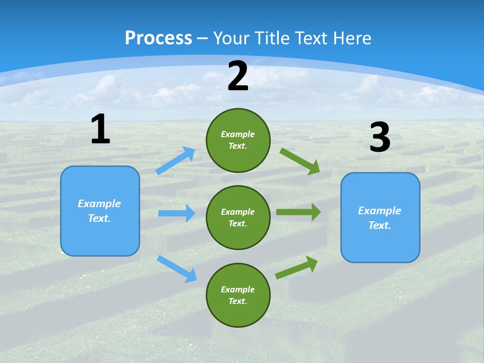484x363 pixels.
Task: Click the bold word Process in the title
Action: point(158,38)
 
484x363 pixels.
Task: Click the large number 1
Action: point(100,130)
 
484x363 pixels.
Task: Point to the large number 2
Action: point(238,76)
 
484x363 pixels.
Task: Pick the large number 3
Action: point(380,138)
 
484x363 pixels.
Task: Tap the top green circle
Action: point(238,140)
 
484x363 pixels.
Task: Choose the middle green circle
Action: point(238,217)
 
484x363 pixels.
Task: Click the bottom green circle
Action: point(238,295)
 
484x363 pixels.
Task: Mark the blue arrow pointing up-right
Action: point(176,160)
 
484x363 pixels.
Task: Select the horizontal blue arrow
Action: point(176,213)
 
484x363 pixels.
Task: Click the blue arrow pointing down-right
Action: point(177,268)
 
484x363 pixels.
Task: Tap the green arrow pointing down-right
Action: point(300,161)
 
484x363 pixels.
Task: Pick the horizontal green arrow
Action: point(298,212)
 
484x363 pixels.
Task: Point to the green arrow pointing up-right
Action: point(297,267)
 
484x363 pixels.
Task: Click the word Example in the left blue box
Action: point(99,204)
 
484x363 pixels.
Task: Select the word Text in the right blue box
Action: point(379,225)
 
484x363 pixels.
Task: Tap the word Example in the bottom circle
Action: point(237,289)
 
